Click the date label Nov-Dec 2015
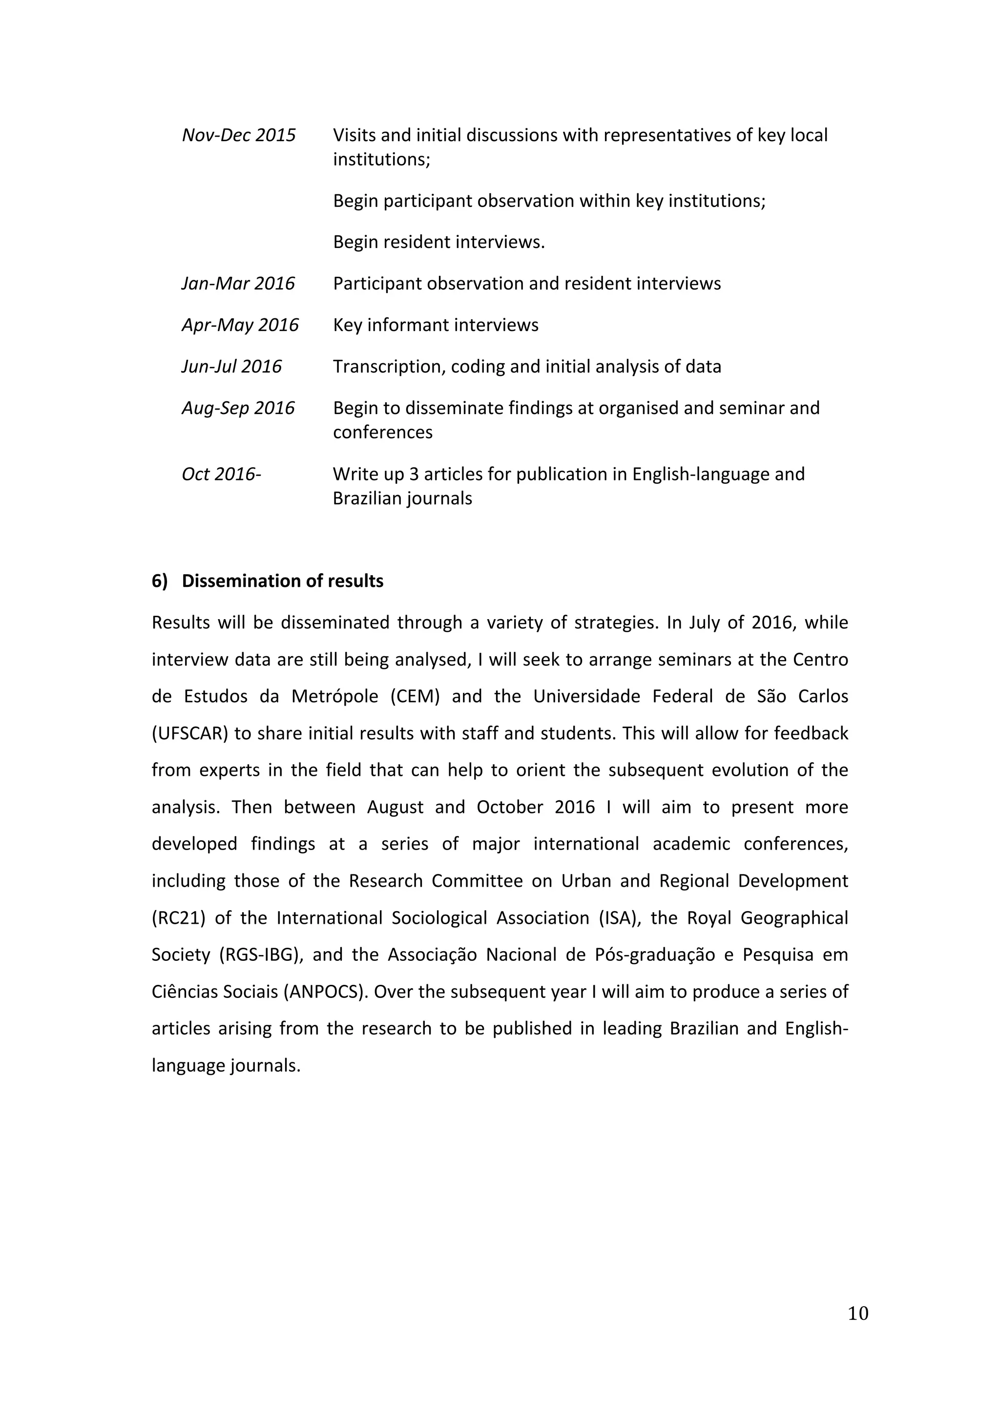(x=239, y=135)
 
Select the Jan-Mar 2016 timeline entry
(x=238, y=283)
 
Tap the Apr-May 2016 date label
(x=240, y=325)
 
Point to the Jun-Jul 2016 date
(x=231, y=366)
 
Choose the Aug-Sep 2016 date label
(x=238, y=408)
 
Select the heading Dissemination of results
(x=283, y=581)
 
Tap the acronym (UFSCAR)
(x=190, y=733)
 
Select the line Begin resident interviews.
(x=439, y=242)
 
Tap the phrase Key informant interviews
(x=436, y=325)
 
